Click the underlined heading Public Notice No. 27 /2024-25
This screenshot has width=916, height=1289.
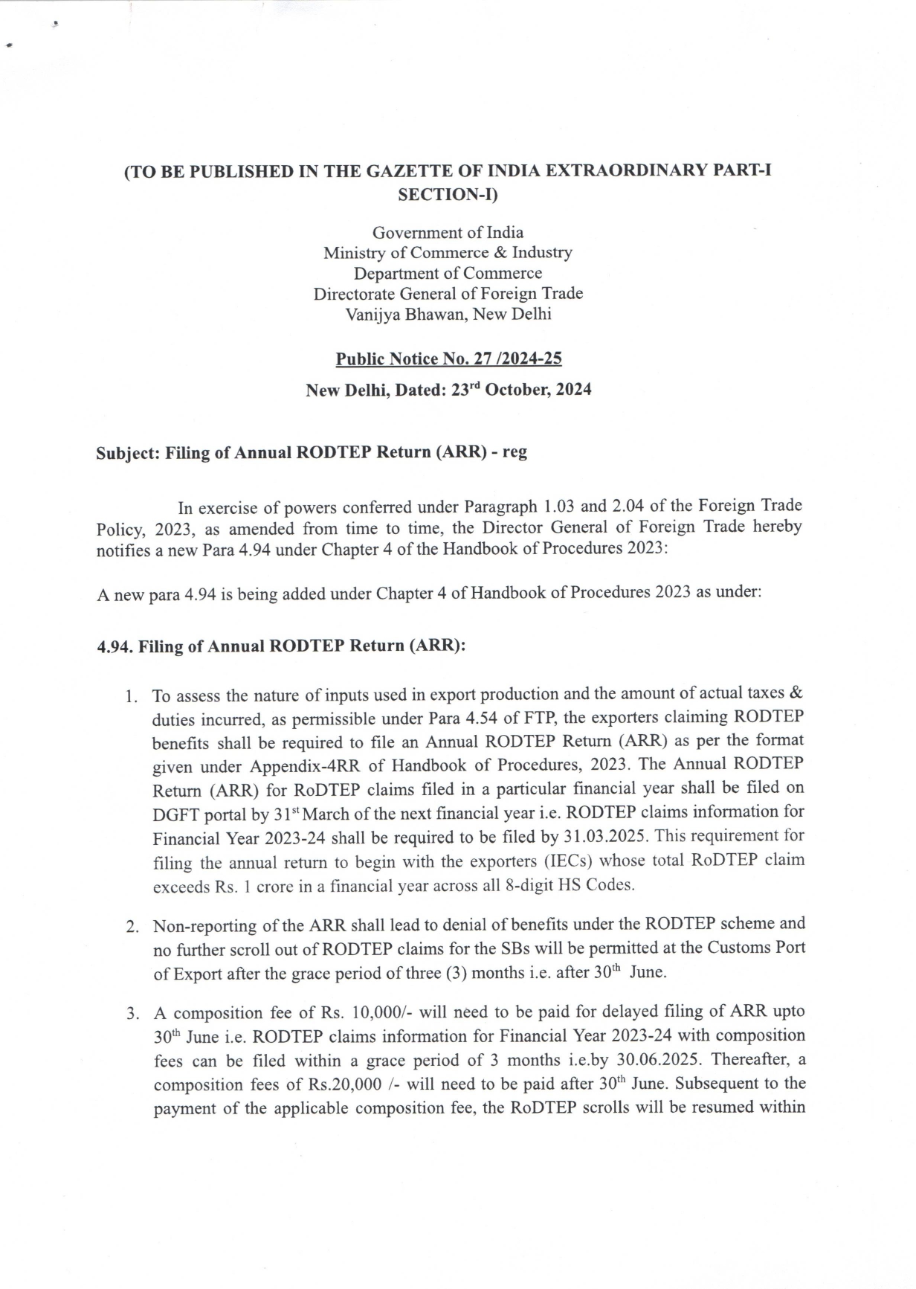pyautogui.click(x=448, y=359)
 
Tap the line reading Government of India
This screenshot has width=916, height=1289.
pyautogui.click(x=448, y=232)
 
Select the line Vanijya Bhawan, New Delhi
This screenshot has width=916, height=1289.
pyautogui.click(x=448, y=314)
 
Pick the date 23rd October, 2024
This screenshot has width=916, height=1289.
pyautogui.click(x=521, y=390)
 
